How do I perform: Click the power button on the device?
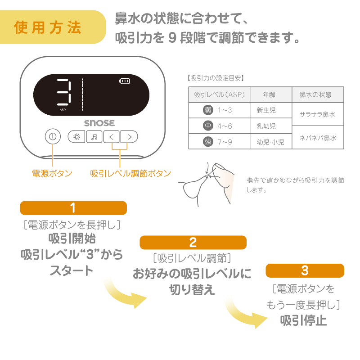click(x=53, y=136)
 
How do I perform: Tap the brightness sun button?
click(x=76, y=137)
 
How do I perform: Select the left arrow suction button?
click(x=111, y=137)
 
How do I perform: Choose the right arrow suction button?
click(x=129, y=137)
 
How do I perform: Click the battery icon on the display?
click(x=125, y=81)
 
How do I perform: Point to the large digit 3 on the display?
click(x=64, y=92)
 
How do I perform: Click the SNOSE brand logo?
click(x=99, y=123)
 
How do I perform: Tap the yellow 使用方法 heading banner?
click(x=53, y=27)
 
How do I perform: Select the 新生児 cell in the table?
click(x=271, y=110)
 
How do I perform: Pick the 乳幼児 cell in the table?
click(x=271, y=126)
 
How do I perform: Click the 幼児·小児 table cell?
click(x=271, y=141)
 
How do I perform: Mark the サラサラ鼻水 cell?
click(x=318, y=114)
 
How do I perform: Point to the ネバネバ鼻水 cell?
click(x=318, y=138)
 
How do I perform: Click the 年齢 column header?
click(x=271, y=94)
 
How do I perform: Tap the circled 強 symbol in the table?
click(x=208, y=142)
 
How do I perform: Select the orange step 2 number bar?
click(x=193, y=243)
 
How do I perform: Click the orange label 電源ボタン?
click(x=52, y=173)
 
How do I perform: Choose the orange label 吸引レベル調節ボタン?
click(x=130, y=173)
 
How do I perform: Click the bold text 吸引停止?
click(x=303, y=320)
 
